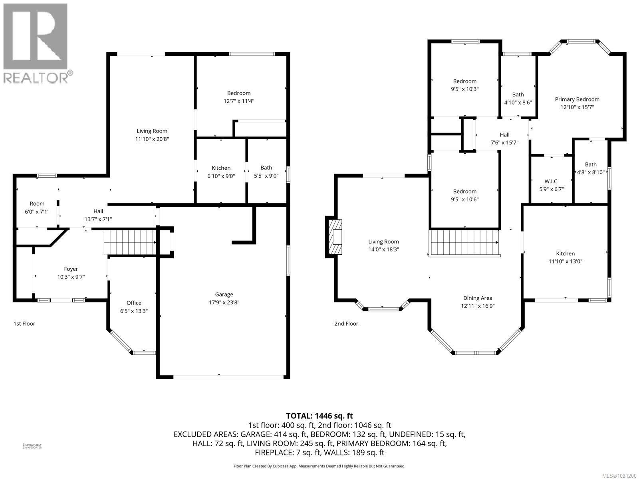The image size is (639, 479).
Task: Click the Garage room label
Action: [x=224, y=295]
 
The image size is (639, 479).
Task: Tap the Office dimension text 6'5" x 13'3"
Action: [x=134, y=311]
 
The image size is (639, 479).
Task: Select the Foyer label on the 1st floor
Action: [x=71, y=269]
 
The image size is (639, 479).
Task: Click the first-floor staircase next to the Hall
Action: [x=129, y=242]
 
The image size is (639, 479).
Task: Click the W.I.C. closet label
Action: [x=551, y=181]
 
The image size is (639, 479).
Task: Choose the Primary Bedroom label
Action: [x=577, y=99]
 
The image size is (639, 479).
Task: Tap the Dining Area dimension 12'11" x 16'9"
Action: [x=478, y=306]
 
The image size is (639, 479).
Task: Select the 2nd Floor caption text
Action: [x=346, y=324]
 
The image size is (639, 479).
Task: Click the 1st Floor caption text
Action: [x=24, y=324]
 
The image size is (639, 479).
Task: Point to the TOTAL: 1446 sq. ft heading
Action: [x=319, y=416]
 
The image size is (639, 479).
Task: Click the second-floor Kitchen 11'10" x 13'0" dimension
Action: [x=566, y=261]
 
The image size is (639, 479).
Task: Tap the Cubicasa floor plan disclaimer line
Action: [x=319, y=466]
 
